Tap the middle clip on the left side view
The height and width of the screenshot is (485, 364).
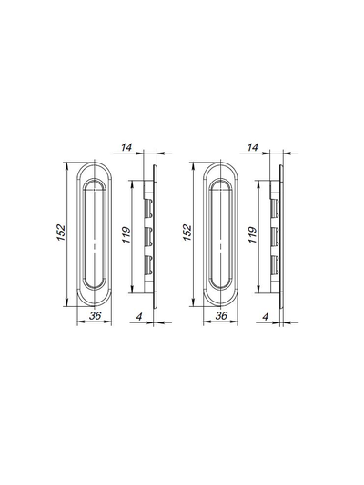coord(148,237)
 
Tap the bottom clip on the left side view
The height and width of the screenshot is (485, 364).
coord(148,264)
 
